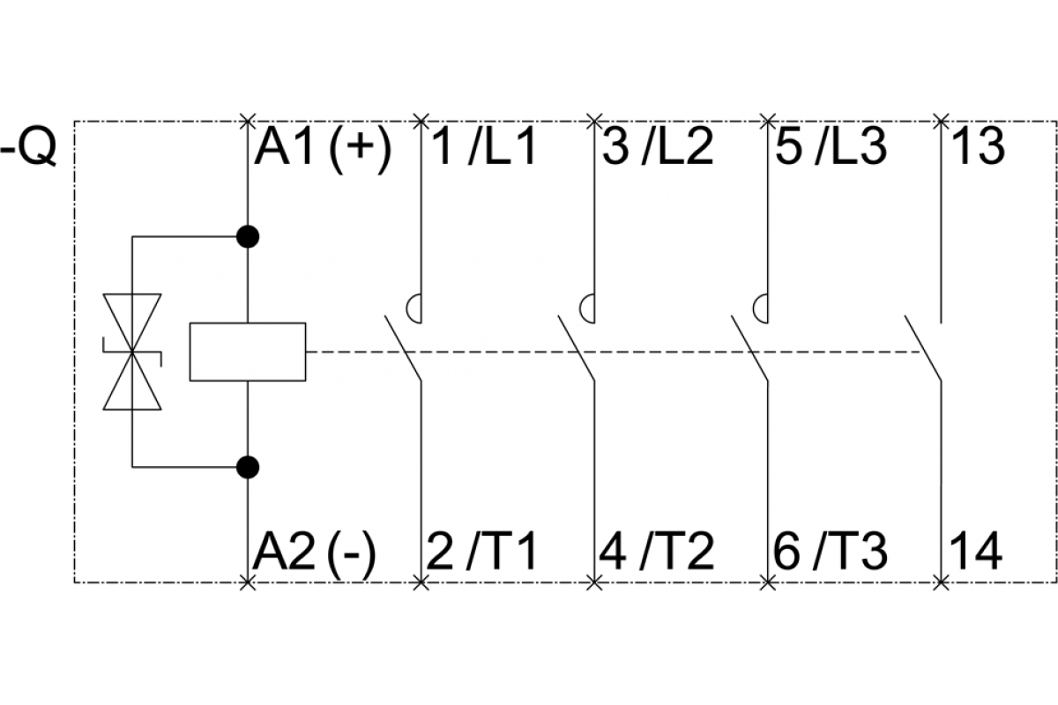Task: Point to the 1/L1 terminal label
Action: click(x=483, y=147)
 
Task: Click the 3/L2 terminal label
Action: click(x=658, y=147)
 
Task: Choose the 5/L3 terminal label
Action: click(x=831, y=147)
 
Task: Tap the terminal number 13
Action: click(x=978, y=147)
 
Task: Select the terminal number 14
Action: click(x=975, y=553)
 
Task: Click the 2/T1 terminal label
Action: click(x=481, y=553)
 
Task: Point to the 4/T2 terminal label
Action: click(x=656, y=553)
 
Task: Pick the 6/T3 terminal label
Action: click(x=831, y=553)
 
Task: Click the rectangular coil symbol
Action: click(x=248, y=352)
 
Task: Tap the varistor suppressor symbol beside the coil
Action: click(x=132, y=352)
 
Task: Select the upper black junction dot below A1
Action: click(x=248, y=236)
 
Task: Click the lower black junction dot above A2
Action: click(x=248, y=467)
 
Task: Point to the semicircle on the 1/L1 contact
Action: click(x=414, y=308)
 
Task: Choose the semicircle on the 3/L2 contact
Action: click(x=587, y=308)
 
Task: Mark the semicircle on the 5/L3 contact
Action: click(x=760, y=308)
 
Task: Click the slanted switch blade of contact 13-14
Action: click(x=923, y=348)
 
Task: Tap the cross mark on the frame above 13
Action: click(x=941, y=122)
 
